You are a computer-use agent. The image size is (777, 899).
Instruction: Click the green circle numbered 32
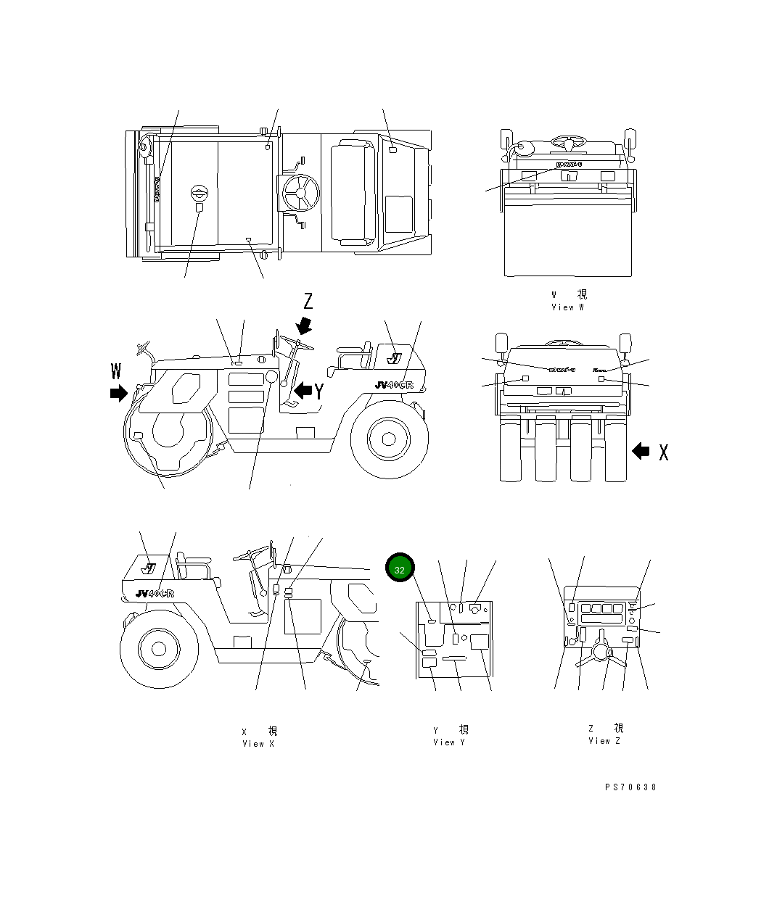tap(400, 569)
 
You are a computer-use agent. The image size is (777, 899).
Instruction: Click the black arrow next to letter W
tap(118, 394)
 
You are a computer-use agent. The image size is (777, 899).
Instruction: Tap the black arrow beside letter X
tap(641, 451)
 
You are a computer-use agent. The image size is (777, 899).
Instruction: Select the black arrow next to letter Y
tap(302, 391)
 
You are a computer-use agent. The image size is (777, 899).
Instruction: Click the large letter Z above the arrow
tap(308, 301)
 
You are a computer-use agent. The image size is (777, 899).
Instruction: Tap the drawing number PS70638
tap(630, 787)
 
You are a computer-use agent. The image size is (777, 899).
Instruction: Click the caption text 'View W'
tap(567, 307)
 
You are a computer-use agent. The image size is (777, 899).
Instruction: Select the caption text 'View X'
tap(258, 744)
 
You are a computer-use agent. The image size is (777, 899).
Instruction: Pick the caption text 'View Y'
tap(450, 742)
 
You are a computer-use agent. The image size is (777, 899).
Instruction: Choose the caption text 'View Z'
tap(604, 741)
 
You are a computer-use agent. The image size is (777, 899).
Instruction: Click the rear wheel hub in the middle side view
tap(387, 439)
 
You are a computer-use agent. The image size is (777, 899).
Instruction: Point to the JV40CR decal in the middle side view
tap(393, 385)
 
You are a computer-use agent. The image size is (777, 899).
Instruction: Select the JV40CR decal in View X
tap(154, 593)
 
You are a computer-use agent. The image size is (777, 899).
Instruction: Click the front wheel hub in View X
tap(156, 647)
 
